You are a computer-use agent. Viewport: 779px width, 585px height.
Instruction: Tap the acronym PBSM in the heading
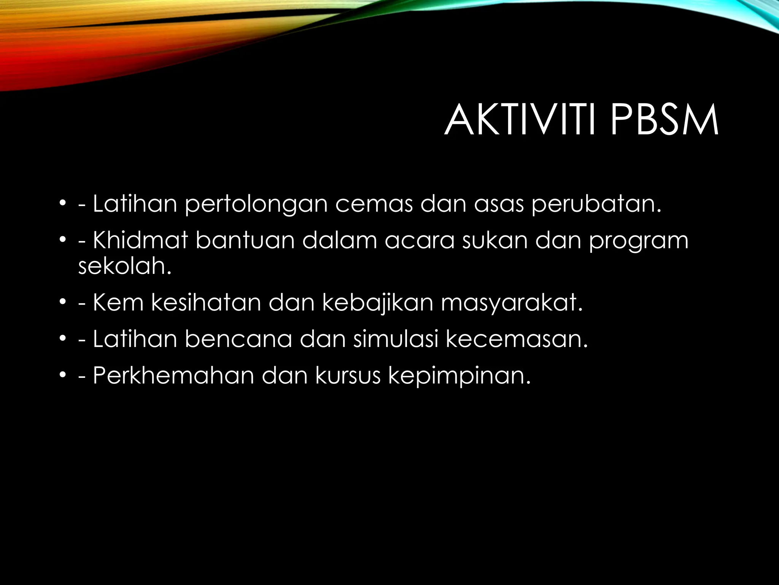(x=665, y=121)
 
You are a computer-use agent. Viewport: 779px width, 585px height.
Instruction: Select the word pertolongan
(x=256, y=205)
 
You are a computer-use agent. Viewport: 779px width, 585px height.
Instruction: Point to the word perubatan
(x=596, y=205)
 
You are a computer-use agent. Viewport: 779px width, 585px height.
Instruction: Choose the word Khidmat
(x=140, y=240)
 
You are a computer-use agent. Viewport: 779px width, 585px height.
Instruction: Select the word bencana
(x=238, y=339)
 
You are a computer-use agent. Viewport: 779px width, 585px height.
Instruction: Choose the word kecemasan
(x=517, y=339)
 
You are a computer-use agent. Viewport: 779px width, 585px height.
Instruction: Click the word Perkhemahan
(x=173, y=376)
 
